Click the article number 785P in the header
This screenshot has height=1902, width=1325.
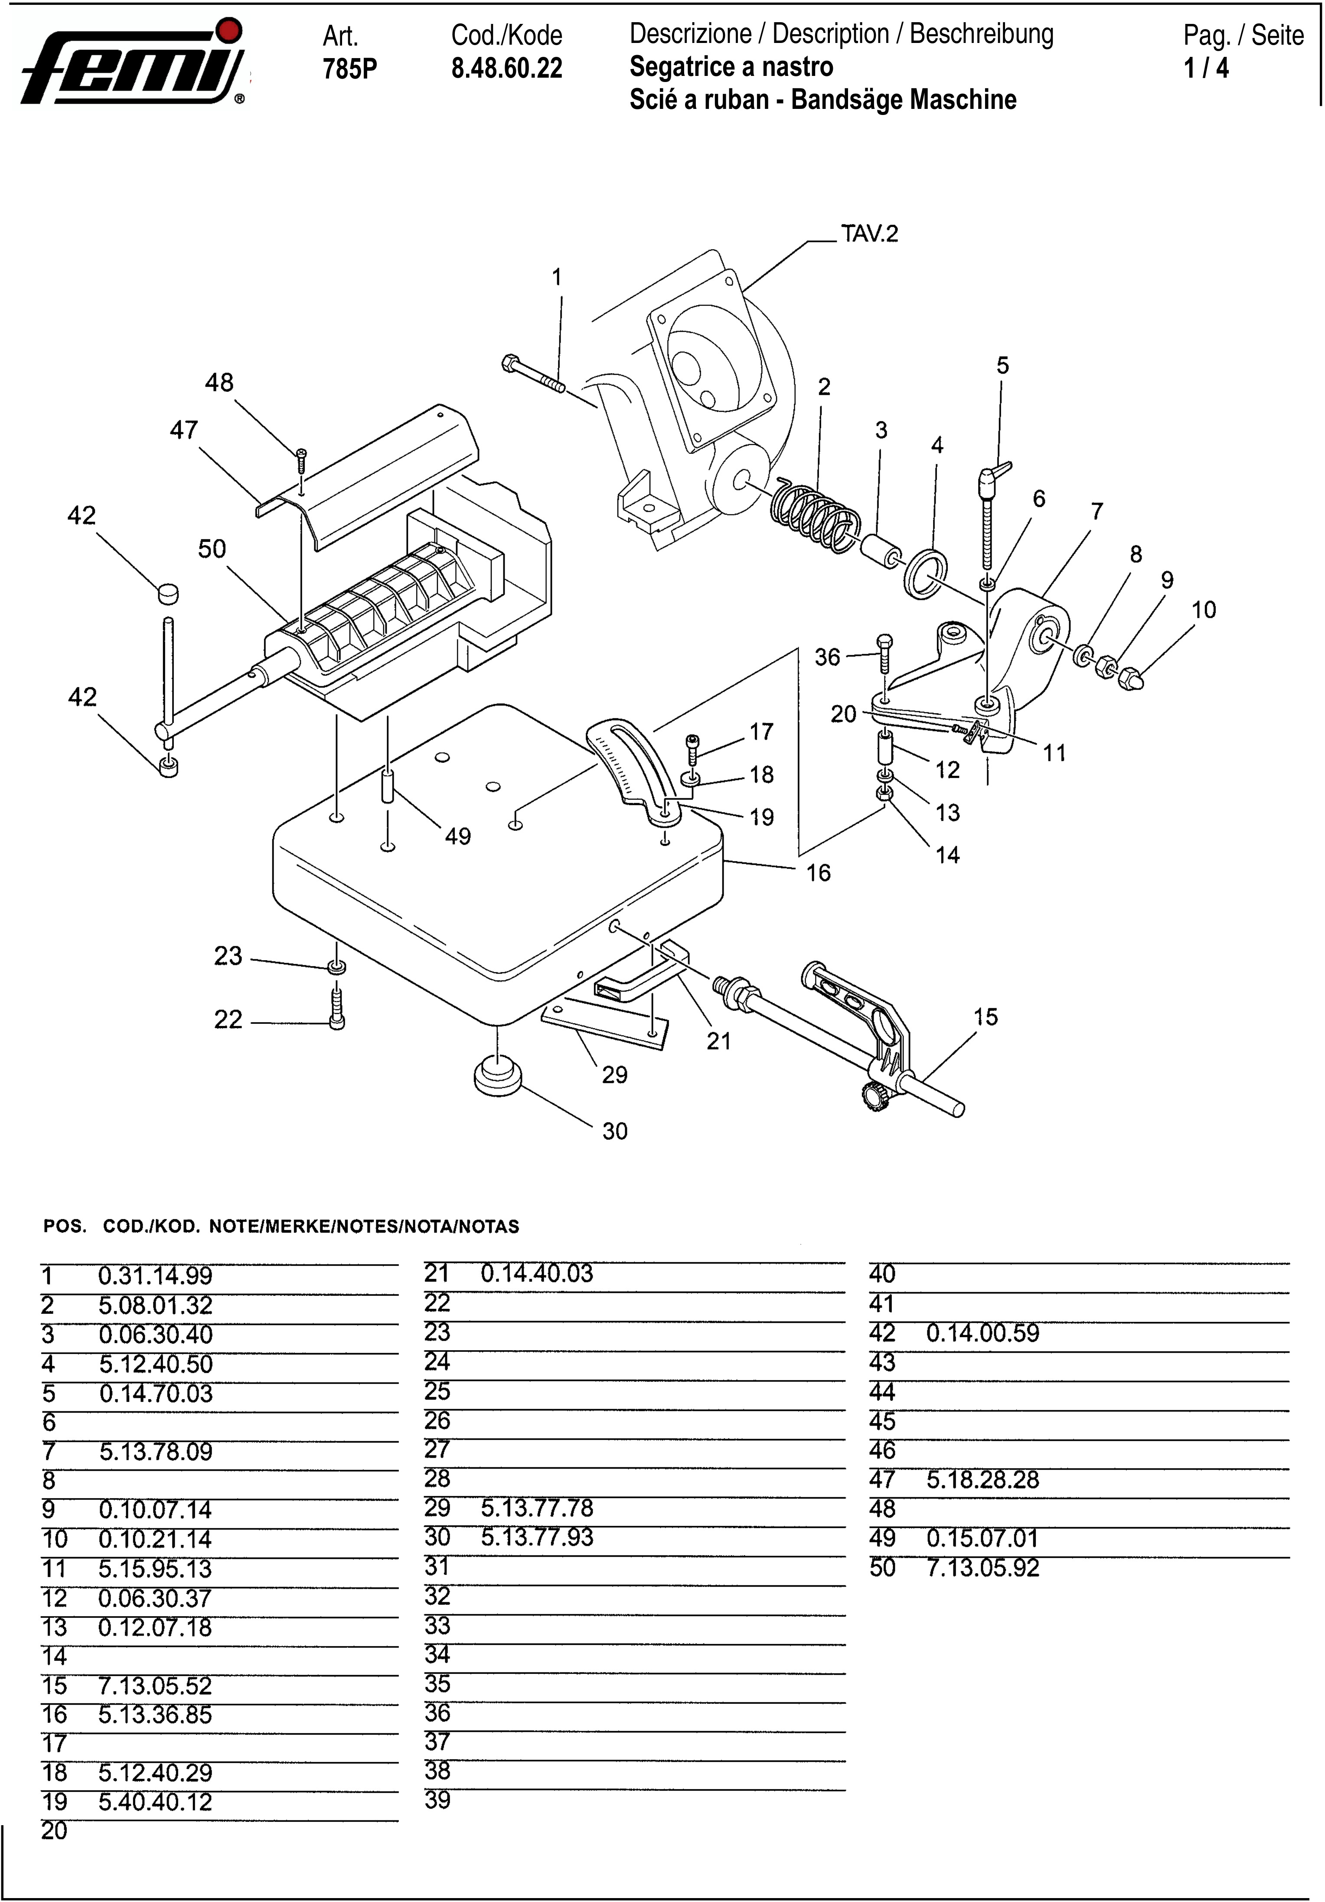(349, 69)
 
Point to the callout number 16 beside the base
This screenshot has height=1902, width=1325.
(818, 873)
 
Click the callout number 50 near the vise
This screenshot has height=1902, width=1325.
(212, 548)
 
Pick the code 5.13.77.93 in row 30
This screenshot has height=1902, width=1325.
(538, 1538)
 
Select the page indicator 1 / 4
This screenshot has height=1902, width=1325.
(1207, 69)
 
